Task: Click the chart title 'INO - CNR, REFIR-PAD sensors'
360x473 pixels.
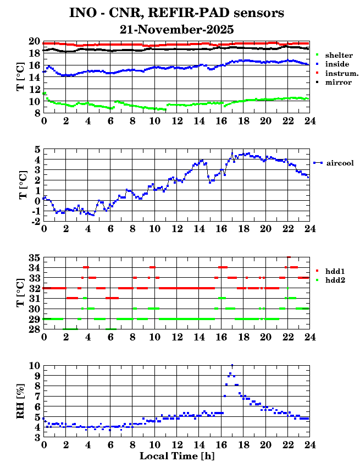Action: [x=177, y=13]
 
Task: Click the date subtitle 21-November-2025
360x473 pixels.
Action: [x=177, y=29]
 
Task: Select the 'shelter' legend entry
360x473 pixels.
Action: [x=339, y=56]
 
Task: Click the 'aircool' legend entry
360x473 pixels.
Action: [x=340, y=163]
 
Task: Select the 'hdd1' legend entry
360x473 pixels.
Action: [x=335, y=271]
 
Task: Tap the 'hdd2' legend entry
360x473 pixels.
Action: [x=335, y=280]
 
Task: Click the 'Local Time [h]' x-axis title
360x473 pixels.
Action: [x=176, y=456]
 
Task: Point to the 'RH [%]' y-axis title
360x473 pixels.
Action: [x=21, y=401]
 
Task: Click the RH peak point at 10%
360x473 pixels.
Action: [x=232, y=365]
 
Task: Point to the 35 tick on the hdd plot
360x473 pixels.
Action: [x=34, y=257]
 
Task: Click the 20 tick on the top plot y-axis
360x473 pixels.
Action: [x=34, y=41]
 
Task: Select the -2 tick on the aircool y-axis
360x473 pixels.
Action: [x=34, y=221]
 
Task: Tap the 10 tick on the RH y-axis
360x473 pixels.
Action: [x=34, y=366]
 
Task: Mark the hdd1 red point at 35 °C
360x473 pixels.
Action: [x=289, y=257]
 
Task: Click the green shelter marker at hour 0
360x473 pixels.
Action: [x=44, y=93]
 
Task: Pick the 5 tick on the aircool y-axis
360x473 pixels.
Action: [x=37, y=150]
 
